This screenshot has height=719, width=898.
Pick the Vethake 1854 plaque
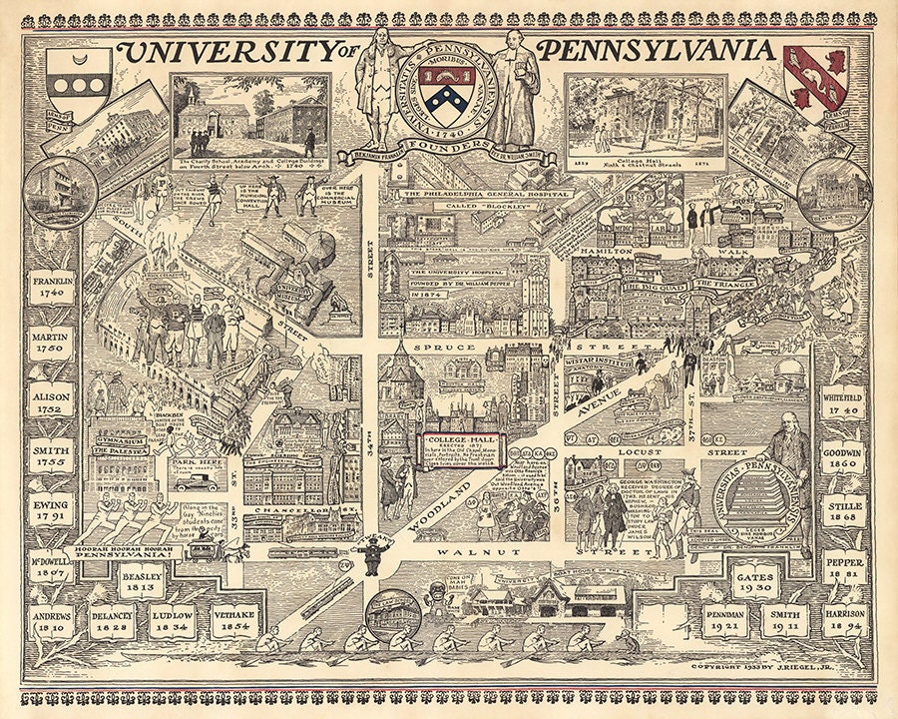(x=235, y=620)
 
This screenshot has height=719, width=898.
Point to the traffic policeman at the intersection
(x=372, y=553)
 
